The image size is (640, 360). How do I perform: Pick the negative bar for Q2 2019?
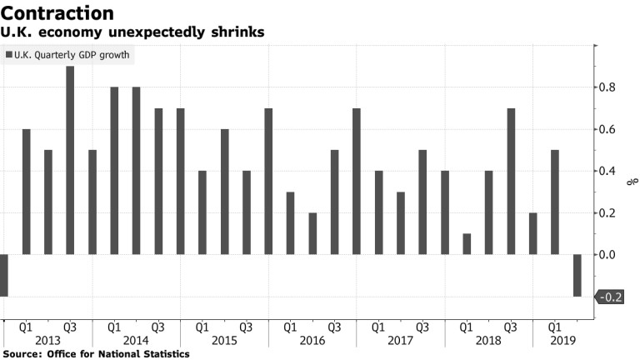[x=577, y=275]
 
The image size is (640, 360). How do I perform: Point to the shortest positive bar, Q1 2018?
[x=467, y=244]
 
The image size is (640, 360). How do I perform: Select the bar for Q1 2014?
[x=114, y=171]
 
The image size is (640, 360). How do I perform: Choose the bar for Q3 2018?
[x=511, y=181]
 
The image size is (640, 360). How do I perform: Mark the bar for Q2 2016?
[x=312, y=233]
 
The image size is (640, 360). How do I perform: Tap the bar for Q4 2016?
[x=357, y=181]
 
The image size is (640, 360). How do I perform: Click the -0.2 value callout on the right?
[x=611, y=297]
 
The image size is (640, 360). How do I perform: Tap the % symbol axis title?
[x=632, y=182]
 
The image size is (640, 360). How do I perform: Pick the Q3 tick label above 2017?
[x=422, y=327]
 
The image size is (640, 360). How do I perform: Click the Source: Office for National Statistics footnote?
[x=96, y=354]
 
